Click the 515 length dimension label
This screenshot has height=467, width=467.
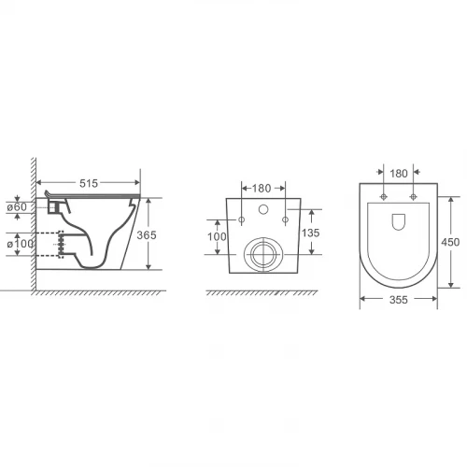pyautogui.click(x=89, y=183)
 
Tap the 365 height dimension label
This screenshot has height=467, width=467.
pyautogui.click(x=147, y=235)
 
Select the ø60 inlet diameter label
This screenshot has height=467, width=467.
pyautogui.click(x=17, y=206)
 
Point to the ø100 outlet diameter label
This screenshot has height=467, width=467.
pyautogui.click(x=21, y=244)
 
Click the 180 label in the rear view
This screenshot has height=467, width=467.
pyautogui.click(x=262, y=189)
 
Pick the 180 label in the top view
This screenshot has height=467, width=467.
pyautogui.click(x=399, y=174)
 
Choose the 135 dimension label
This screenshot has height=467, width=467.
pyautogui.click(x=310, y=233)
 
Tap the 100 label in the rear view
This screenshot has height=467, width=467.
pyautogui.click(x=217, y=236)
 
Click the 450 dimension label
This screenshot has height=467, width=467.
pyautogui.click(x=450, y=242)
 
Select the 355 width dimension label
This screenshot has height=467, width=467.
pyautogui.click(x=399, y=300)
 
